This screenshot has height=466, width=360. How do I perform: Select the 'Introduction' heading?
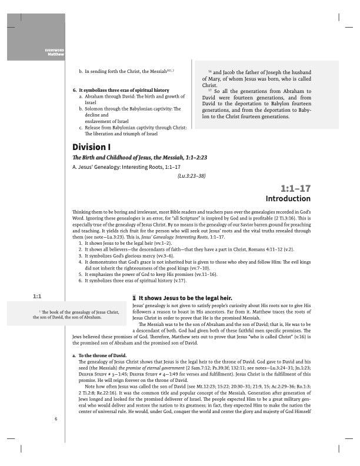(288, 198)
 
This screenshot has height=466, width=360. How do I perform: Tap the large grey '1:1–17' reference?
(295, 188)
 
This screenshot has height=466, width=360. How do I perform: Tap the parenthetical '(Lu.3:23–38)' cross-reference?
(191, 175)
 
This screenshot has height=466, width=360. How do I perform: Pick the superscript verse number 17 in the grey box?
(210, 90)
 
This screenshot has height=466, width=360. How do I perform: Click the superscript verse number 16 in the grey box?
(210, 71)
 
